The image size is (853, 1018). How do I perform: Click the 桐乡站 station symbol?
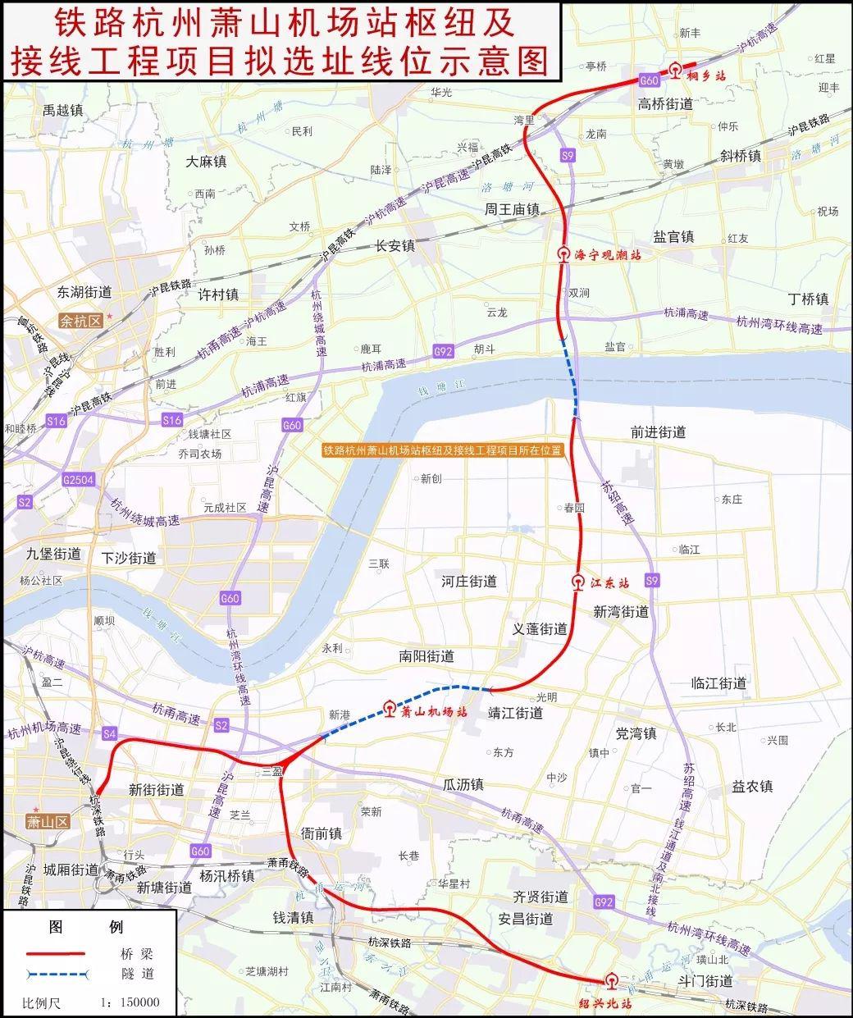(x=675, y=71)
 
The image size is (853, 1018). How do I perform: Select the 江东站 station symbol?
(x=578, y=583)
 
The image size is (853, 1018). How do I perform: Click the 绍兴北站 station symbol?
(x=610, y=981)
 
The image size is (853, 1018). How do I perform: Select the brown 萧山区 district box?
(x=46, y=821)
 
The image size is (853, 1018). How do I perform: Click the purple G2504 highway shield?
(x=78, y=479)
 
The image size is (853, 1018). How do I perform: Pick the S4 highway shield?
(x=111, y=733)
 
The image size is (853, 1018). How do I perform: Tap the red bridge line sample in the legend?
(x=57, y=953)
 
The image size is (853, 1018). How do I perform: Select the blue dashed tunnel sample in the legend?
(x=57, y=974)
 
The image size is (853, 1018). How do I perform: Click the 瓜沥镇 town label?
(x=463, y=785)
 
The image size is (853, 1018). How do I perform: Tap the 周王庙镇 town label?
(x=512, y=210)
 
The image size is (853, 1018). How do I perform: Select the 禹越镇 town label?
(x=63, y=109)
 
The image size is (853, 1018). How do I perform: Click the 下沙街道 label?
(x=129, y=558)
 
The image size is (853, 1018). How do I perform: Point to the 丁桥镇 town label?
(x=807, y=299)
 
